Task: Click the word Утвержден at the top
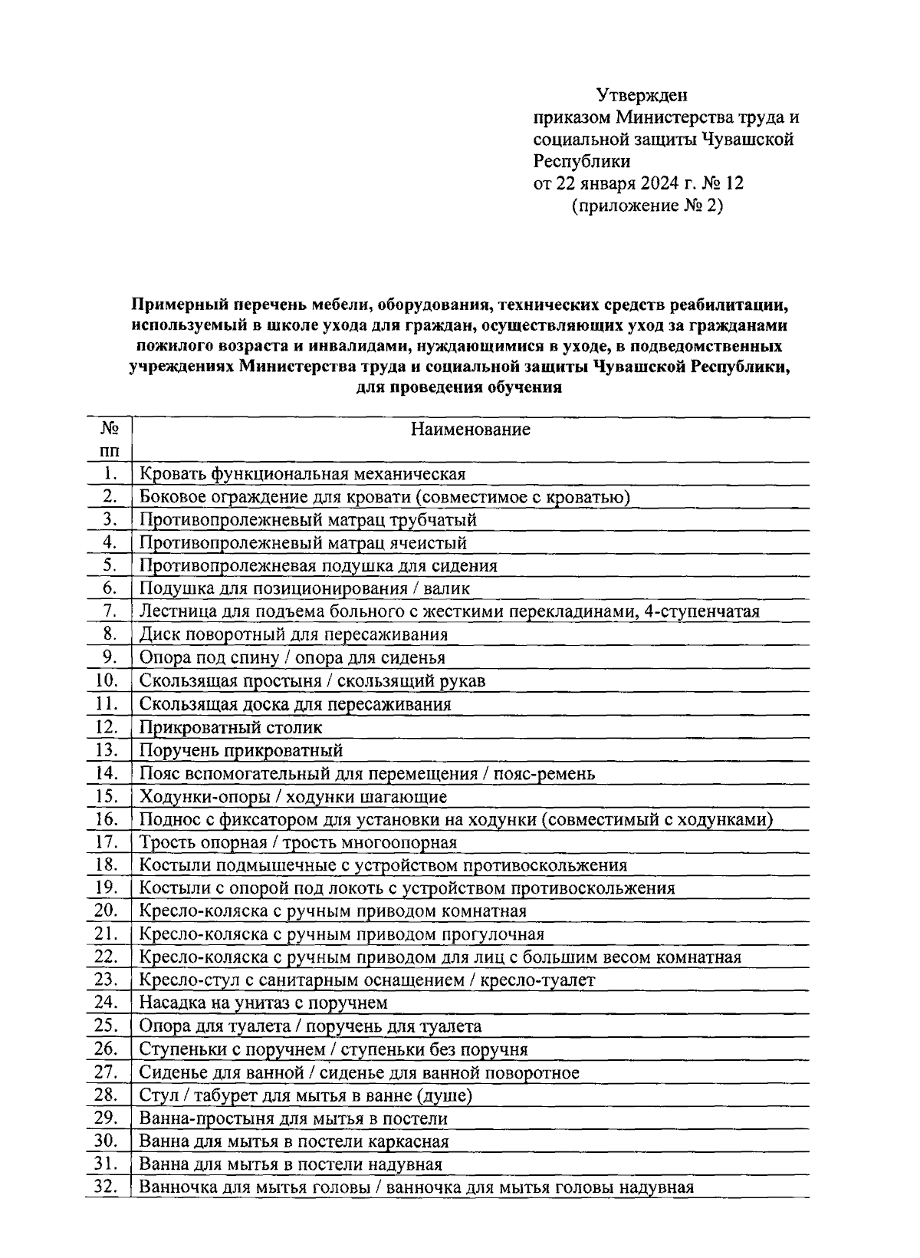tap(642, 95)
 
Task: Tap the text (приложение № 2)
tap(647, 206)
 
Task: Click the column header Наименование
tap(470, 429)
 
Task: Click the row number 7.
tap(110, 611)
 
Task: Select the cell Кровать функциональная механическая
tap(302, 474)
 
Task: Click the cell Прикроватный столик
tap(231, 727)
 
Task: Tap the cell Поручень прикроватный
tap(241, 750)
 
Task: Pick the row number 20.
tap(107, 911)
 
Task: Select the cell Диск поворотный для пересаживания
tap(293, 635)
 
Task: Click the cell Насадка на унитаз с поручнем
tap(263, 1003)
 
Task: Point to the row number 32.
tap(107, 1187)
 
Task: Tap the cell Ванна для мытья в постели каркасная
tap(293, 1141)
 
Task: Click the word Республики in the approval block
tap(582, 162)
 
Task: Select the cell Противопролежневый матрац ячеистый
tap(303, 543)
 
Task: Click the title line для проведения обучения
tap(459, 387)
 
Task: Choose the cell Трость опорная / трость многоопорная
tap(297, 842)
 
